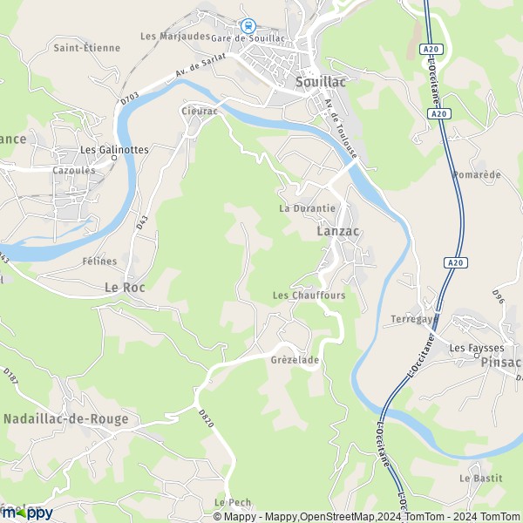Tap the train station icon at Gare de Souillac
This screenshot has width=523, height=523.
point(248,25)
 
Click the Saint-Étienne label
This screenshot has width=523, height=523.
point(86,48)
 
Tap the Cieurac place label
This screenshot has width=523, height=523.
point(199,111)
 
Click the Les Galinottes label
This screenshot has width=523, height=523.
point(114,149)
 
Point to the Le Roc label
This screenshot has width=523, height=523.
point(124,286)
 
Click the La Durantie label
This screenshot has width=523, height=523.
point(307,209)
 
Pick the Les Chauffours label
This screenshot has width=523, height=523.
point(309,295)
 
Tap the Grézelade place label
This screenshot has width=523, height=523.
point(295,359)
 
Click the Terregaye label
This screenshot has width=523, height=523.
point(412,318)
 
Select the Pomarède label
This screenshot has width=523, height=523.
point(477,174)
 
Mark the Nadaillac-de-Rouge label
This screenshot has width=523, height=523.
point(67,418)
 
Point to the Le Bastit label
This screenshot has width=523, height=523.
point(477,479)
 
